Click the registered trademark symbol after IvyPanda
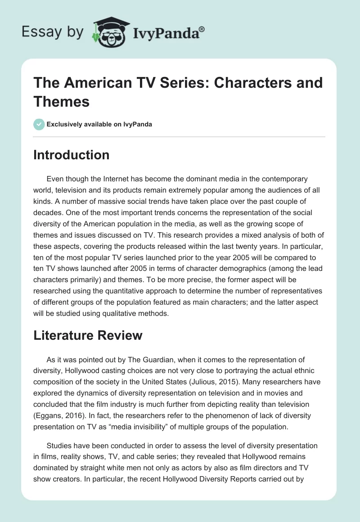tap(202, 29)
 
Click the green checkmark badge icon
tap(39, 124)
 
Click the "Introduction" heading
tap(71, 155)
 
